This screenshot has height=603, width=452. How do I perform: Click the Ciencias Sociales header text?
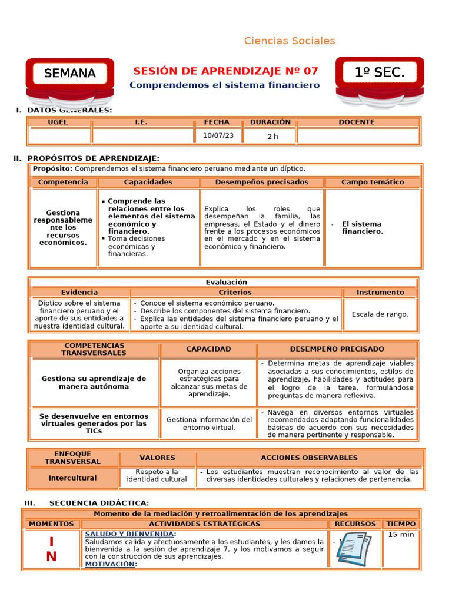point(290,41)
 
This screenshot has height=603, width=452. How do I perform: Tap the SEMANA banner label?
point(70,74)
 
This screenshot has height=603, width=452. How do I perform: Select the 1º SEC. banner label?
point(380,72)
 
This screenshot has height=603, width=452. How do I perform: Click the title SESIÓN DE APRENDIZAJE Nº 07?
point(225,71)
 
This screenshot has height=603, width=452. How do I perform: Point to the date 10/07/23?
point(218,135)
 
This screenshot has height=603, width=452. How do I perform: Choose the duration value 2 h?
point(272,136)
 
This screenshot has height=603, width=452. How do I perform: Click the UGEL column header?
point(58,122)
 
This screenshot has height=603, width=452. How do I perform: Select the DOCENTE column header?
point(357,122)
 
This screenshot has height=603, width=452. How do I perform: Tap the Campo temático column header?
point(373,182)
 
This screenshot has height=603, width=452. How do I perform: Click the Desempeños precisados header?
point(261,182)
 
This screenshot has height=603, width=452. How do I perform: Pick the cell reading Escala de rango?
point(380,314)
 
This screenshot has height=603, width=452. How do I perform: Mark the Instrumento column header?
point(380,292)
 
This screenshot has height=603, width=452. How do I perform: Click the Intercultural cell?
point(72,478)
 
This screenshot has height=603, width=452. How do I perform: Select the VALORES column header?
point(157,458)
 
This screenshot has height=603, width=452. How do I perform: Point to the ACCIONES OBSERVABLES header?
point(309,458)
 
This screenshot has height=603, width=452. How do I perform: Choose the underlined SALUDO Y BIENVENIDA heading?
point(129,534)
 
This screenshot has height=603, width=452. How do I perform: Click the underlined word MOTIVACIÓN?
point(110,564)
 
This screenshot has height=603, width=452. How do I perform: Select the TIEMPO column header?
point(401,524)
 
